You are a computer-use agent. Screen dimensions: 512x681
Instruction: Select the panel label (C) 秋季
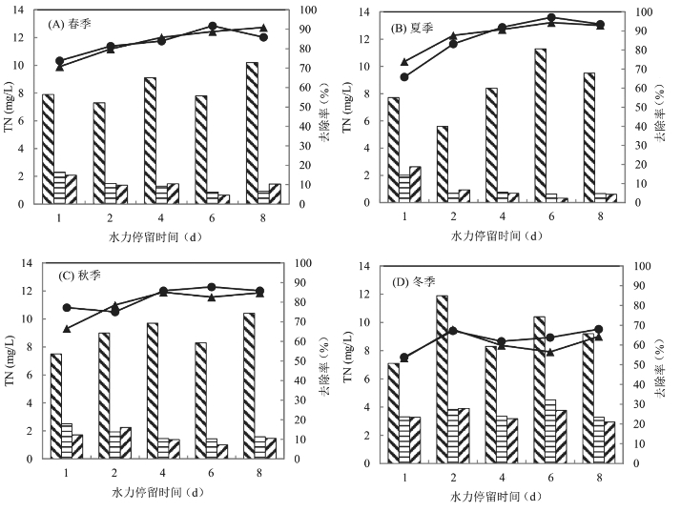coord(78,276)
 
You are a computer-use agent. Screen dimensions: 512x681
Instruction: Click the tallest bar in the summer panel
coord(540,124)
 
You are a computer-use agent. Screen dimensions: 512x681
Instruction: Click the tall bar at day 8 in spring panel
coord(251,133)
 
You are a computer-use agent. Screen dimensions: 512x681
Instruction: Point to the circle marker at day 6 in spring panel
coord(212,26)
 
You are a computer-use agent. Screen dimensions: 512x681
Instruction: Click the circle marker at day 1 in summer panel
coord(404,77)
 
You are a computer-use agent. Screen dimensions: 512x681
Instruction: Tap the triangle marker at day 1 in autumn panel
coord(66,329)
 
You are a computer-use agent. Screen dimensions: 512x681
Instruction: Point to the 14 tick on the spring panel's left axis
coord(25,10)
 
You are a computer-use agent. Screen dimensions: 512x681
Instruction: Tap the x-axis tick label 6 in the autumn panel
coord(212,474)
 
